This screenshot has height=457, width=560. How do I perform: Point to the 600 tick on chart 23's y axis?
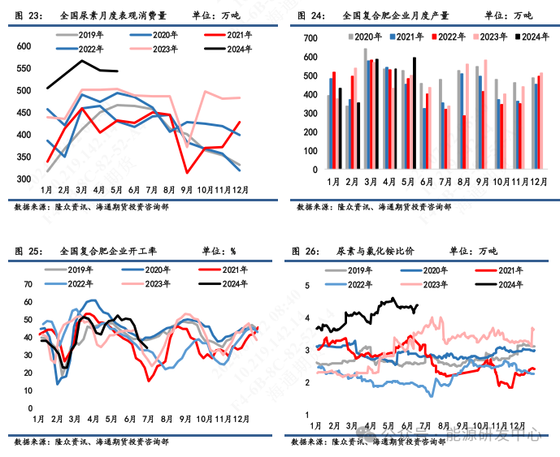click(25, 47)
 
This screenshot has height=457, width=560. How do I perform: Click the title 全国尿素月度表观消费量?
click(102, 15)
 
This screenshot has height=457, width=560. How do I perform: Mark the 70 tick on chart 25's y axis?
click(28, 284)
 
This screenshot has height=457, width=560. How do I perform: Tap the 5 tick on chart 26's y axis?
click(308, 286)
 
